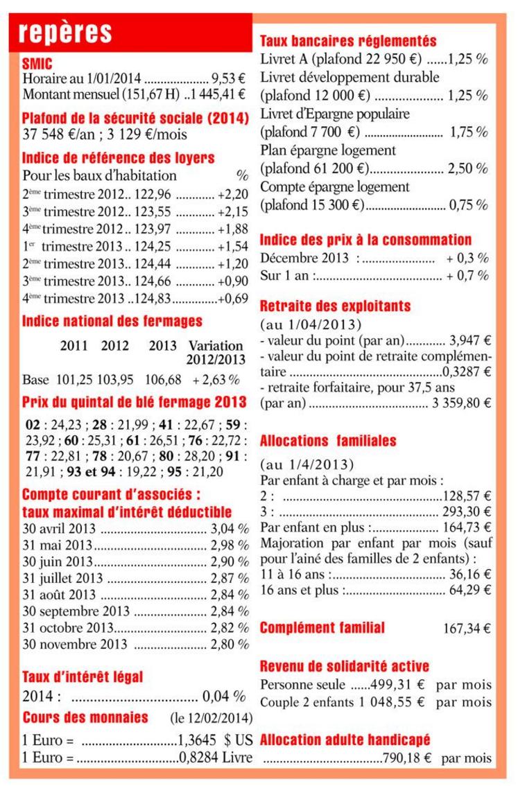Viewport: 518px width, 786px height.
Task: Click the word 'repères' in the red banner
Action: tap(66, 32)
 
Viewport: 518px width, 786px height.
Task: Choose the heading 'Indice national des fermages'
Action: tap(112, 321)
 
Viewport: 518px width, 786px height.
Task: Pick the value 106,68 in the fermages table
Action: tap(163, 380)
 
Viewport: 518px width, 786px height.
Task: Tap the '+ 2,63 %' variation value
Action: tap(216, 380)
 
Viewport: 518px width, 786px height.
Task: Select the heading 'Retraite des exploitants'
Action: tap(335, 306)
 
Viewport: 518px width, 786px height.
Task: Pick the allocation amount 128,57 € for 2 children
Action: tap(467, 496)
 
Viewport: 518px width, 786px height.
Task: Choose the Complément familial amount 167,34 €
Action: tap(467, 629)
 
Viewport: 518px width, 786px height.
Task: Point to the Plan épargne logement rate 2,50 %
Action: tap(468, 168)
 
